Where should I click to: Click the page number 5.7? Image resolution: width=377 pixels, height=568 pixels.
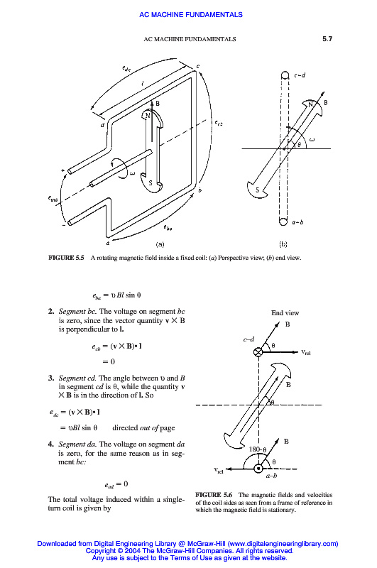point(327,39)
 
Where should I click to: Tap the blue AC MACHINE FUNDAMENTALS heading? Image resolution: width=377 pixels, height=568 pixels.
point(191,15)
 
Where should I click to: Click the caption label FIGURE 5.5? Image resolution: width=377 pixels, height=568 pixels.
point(66,258)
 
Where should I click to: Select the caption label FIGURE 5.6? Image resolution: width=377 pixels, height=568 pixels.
point(214,494)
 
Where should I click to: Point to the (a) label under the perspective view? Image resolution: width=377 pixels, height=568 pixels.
point(160,244)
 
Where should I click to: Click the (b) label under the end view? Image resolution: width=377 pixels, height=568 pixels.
point(283,244)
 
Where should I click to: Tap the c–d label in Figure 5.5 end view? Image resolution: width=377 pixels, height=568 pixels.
point(300,75)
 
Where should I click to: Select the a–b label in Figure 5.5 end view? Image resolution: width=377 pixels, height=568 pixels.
point(297,222)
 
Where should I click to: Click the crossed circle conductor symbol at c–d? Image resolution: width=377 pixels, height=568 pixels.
point(258,351)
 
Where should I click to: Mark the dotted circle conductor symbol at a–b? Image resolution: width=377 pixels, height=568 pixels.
point(258,469)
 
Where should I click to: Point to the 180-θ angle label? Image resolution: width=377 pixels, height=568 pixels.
point(258,449)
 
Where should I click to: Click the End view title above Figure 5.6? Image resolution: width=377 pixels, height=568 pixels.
point(285,312)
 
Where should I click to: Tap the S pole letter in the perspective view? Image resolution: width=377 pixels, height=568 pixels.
point(151,183)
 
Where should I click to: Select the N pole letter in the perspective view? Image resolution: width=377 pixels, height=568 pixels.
point(148,116)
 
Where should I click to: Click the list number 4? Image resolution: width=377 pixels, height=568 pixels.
point(51,444)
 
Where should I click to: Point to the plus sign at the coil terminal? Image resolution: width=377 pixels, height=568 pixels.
point(63,170)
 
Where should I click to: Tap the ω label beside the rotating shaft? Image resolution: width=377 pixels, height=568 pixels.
point(132,173)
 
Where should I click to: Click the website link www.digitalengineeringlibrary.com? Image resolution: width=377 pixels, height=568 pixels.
point(283,543)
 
